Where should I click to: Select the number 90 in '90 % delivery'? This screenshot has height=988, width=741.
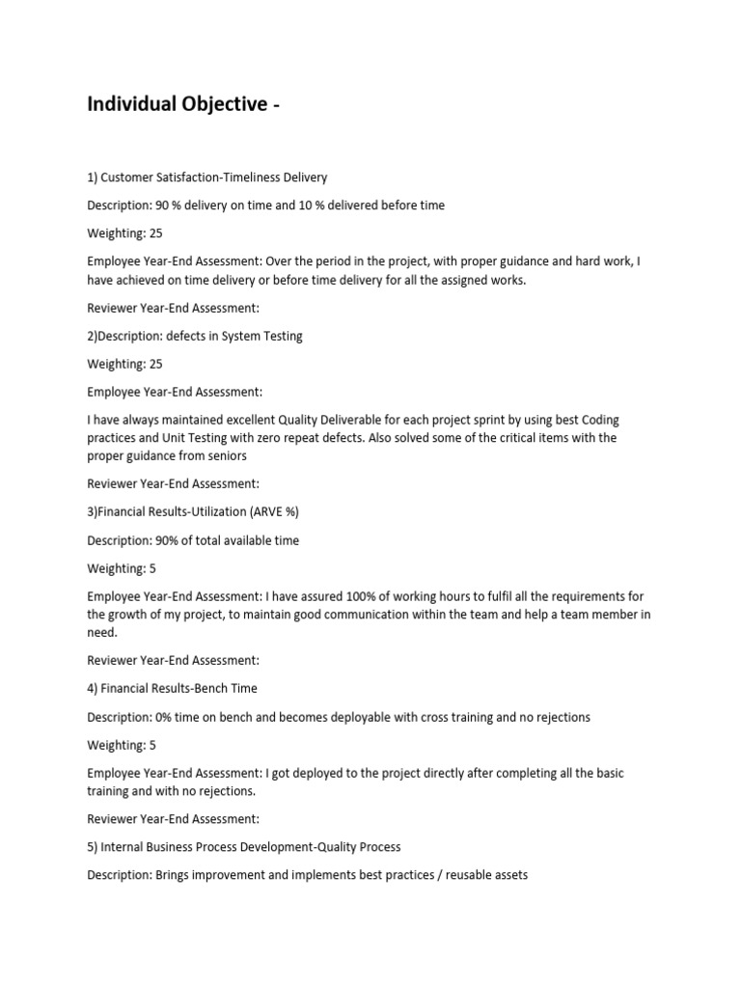click(x=162, y=206)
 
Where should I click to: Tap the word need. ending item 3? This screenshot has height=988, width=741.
click(x=102, y=632)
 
